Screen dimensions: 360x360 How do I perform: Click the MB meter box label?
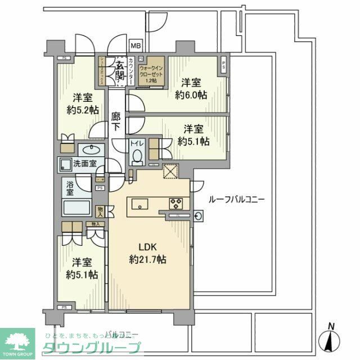click(x=136, y=46)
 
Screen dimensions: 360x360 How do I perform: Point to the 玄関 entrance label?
click(x=119, y=70)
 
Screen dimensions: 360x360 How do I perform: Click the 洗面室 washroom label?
click(x=84, y=164)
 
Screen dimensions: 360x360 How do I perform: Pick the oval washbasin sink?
click(x=90, y=150)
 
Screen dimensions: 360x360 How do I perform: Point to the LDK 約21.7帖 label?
click(x=147, y=253)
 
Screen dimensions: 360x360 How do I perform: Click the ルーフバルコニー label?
click(x=236, y=199)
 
